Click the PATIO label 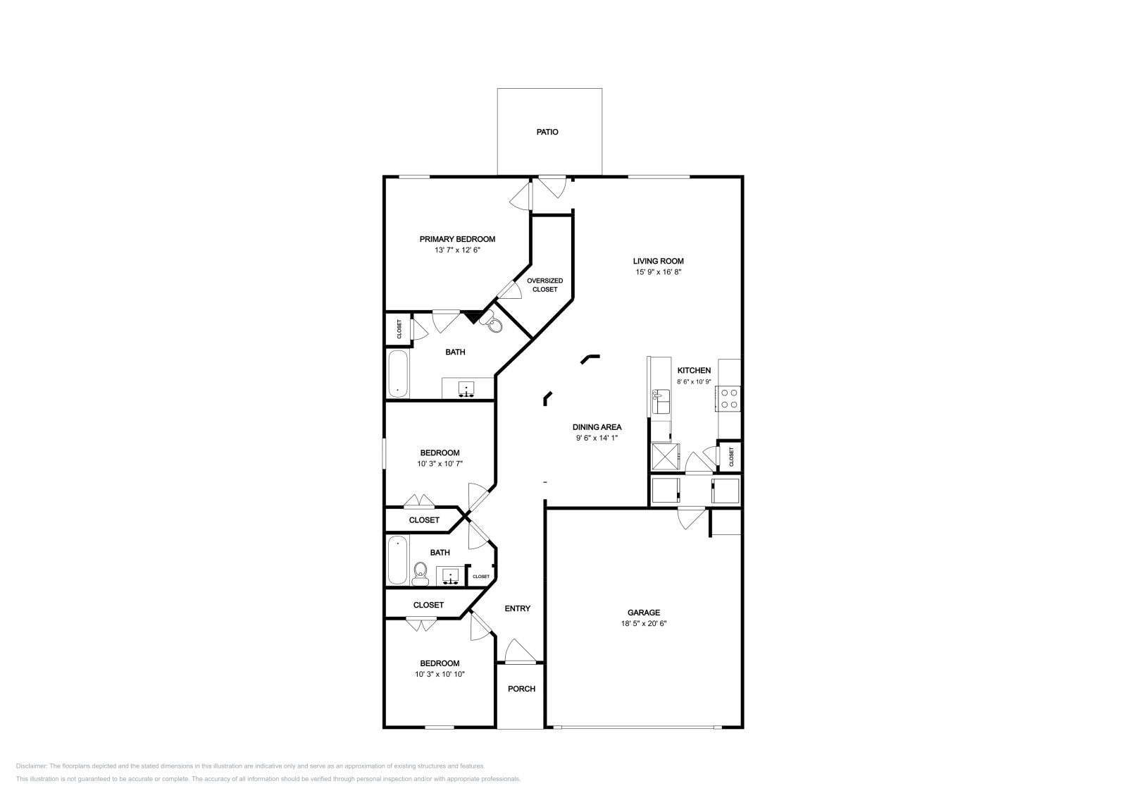(547, 132)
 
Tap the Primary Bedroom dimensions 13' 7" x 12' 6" (457, 250)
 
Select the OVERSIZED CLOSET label (544, 285)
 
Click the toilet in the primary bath (494, 324)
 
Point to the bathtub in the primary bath (398, 374)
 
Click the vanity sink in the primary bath (466, 388)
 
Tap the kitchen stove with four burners (729, 399)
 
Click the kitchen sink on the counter (661, 403)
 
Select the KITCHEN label (694, 370)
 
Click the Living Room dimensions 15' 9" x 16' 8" (658, 271)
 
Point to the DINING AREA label (597, 426)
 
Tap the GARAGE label (644, 613)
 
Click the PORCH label (521, 689)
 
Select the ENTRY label (518, 608)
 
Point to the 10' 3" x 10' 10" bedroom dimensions (440, 675)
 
